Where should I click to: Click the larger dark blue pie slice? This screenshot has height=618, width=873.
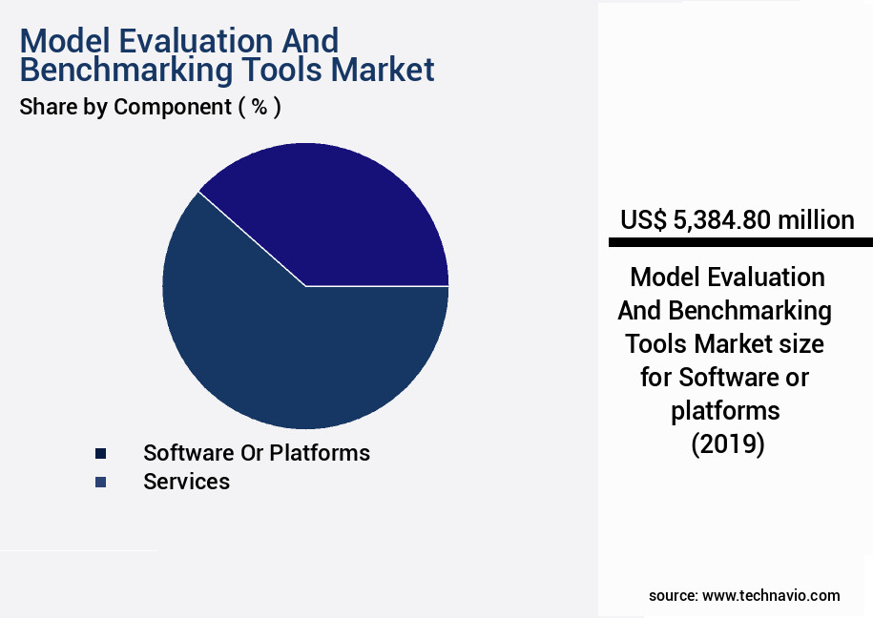(x=286, y=353)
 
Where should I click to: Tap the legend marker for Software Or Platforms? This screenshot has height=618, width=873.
(x=100, y=453)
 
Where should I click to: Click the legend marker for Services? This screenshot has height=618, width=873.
(x=100, y=483)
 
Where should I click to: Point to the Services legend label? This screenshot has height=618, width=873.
(x=186, y=482)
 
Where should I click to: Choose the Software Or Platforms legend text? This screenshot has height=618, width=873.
(x=256, y=452)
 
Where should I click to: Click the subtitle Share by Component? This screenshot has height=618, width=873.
(x=124, y=107)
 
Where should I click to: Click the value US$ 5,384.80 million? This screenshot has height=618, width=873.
(x=737, y=220)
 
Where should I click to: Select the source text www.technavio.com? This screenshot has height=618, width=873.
(x=771, y=595)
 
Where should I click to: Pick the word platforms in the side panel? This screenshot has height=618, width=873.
(x=725, y=410)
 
